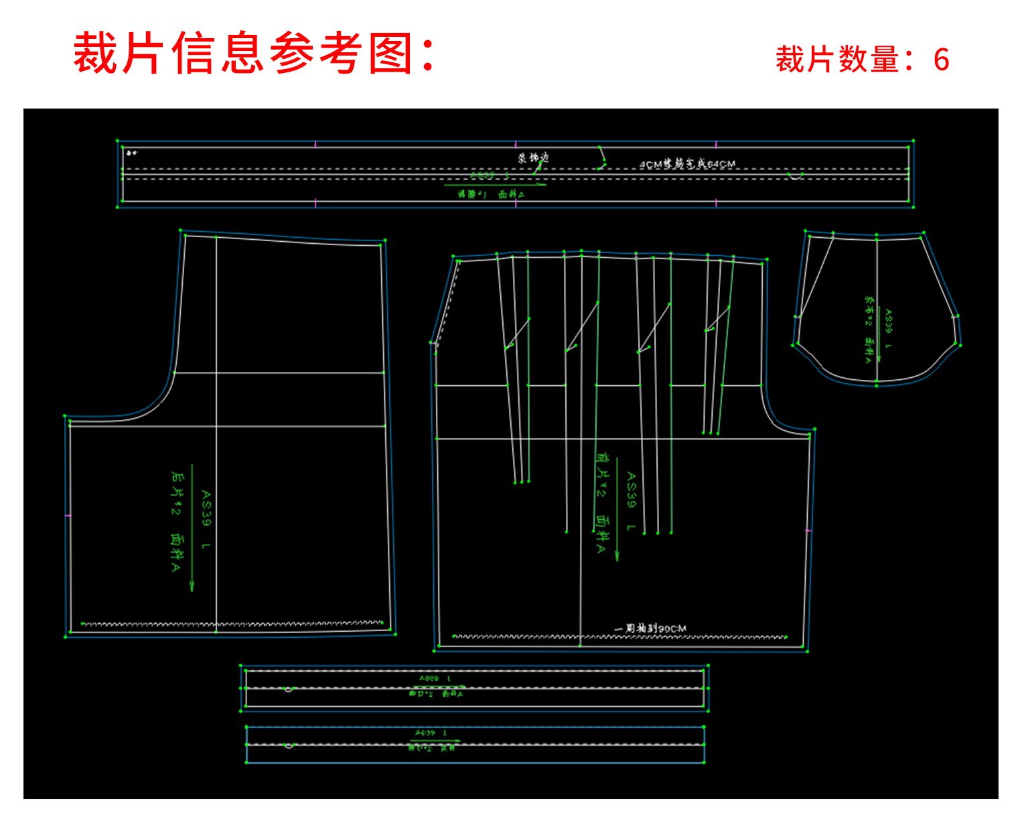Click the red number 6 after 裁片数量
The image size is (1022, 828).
tap(941, 60)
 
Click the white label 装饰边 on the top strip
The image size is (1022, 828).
tap(533, 158)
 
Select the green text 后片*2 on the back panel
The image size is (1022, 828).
tap(176, 493)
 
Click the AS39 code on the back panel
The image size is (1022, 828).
tap(206, 508)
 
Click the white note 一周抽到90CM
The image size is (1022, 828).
tap(650, 628)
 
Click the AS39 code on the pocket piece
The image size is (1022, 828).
tap(888, 321)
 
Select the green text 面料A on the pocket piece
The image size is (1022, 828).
tap(869, 350)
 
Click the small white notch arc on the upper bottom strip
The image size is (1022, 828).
tap(289, 689)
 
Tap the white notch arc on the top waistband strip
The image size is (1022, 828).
tap(795, 177)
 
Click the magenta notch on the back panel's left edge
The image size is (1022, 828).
tap(68, 516)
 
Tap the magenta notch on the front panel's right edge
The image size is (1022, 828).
tap(808, 531)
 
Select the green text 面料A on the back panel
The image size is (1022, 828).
tap(176, 553)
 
